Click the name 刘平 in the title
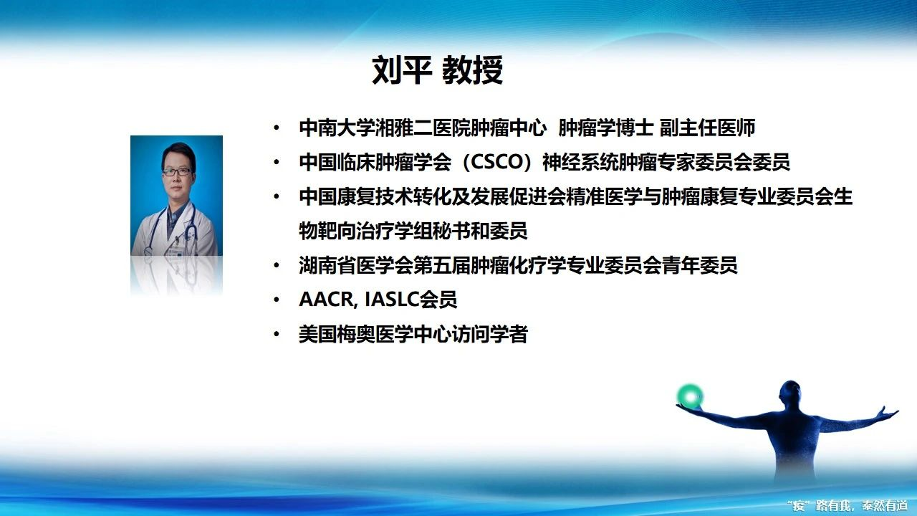click(x=402, y=70)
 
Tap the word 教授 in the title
click(x=472, y=70)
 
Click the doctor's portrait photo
click(x=176, y=196)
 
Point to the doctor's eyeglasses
click(x=177, y=171)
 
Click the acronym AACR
click(x=325, y=300)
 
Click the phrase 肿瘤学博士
click(x=605, y=128)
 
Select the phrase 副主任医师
click(x=707, y=128)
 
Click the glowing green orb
click(x=690, y=396)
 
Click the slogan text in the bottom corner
click(x=851, y=505)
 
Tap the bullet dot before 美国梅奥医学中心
click(x=277, y=334)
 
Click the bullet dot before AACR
click(x=277, y=300)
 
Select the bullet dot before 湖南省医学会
click(x=277, y=265)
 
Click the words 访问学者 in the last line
click(x=489, y=334)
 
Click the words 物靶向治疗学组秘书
click(x=385, y=231)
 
